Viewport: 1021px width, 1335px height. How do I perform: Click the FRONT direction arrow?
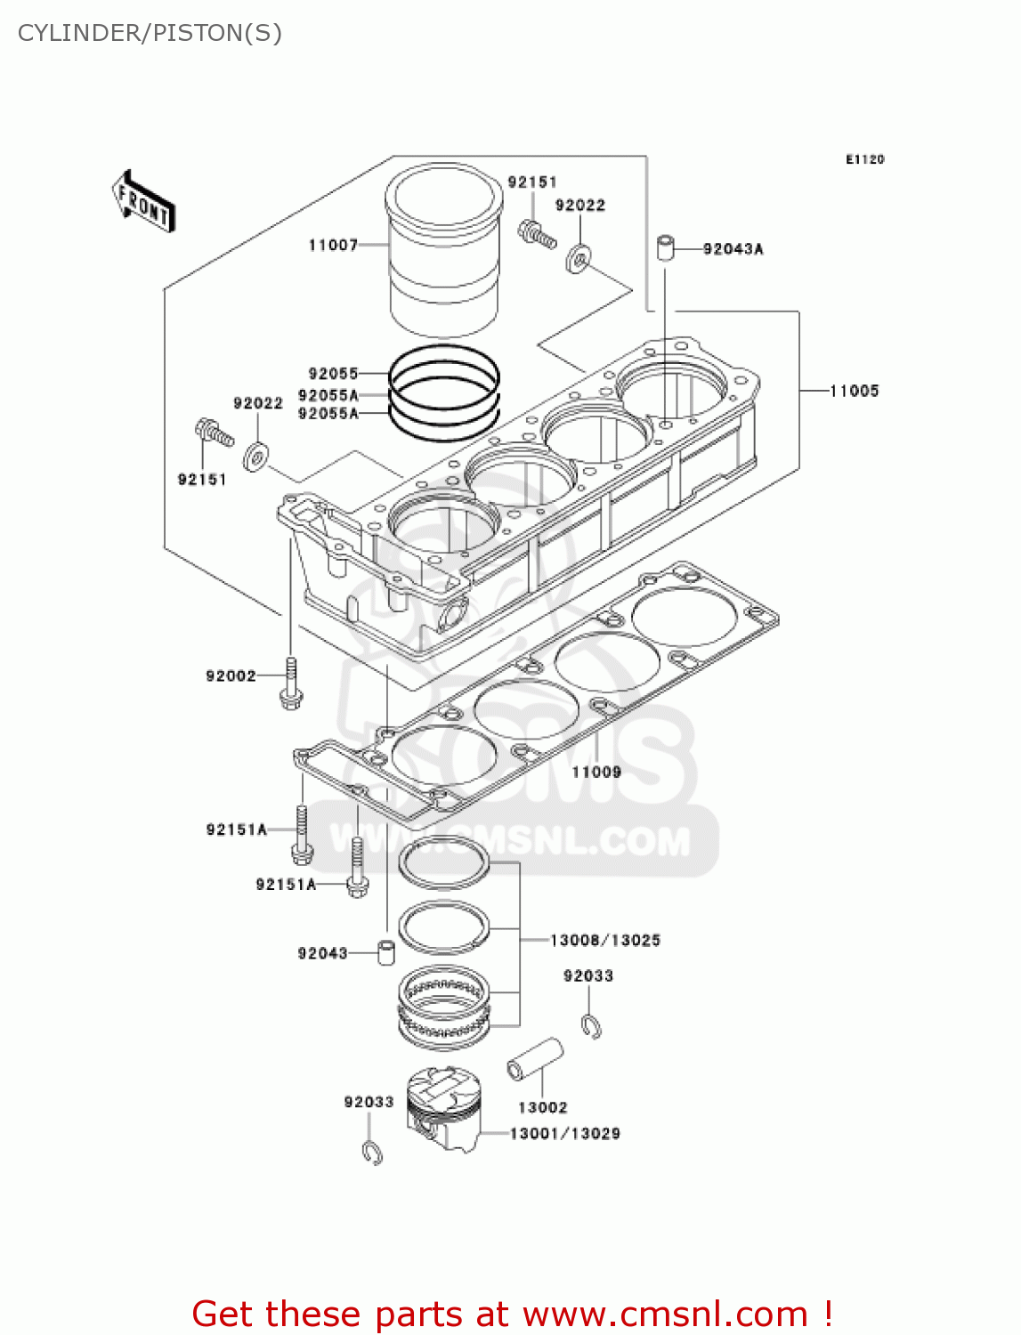tap(143, 202)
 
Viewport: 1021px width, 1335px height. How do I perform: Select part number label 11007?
tap(333, 245)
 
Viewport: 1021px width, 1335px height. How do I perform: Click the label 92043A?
tap(733, 249)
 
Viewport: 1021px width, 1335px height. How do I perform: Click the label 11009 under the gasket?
tap(596, 772)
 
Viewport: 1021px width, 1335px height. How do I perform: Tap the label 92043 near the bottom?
tap(322, 953)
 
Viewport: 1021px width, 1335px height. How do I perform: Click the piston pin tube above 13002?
tap(535, 1059)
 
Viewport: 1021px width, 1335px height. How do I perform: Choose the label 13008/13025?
tap(604, 940)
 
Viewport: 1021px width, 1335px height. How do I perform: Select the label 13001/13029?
tap(564, 1134)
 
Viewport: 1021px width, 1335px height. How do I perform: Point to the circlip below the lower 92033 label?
tap(372, 1152)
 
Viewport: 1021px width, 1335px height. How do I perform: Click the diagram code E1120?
tap(864, 159)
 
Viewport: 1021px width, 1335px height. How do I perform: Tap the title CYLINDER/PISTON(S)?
tap(150, 33)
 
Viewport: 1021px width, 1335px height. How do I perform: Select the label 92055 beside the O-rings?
tap(333, 374)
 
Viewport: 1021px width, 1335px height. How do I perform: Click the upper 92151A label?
tap(236, 829)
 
